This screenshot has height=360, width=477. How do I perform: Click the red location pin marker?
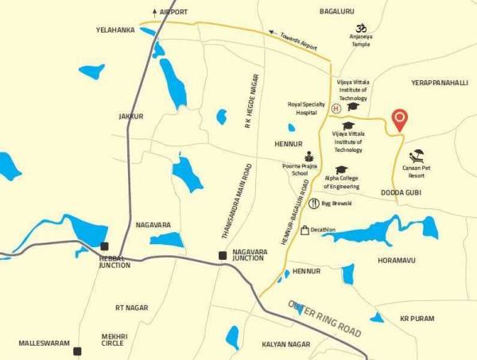pyautogui.click(x=401, y=118)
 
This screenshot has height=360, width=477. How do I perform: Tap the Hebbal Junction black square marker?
pyautogui.click(x=104, y=246)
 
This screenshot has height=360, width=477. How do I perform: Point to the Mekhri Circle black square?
pyautogui.click(x=77, y=350)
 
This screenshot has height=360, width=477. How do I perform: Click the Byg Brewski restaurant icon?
pyautogui.click(x=314, y=203)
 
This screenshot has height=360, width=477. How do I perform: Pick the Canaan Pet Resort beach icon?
pyautogui.click(x=417, y=157)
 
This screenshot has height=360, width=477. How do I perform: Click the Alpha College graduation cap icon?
pyautogui.click(x=341, y=170)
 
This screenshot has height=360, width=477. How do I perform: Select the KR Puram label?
pyautogui.click(x=417, y=318)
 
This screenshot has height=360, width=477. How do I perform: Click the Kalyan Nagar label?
pyautogui.click(x=285, y=344)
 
